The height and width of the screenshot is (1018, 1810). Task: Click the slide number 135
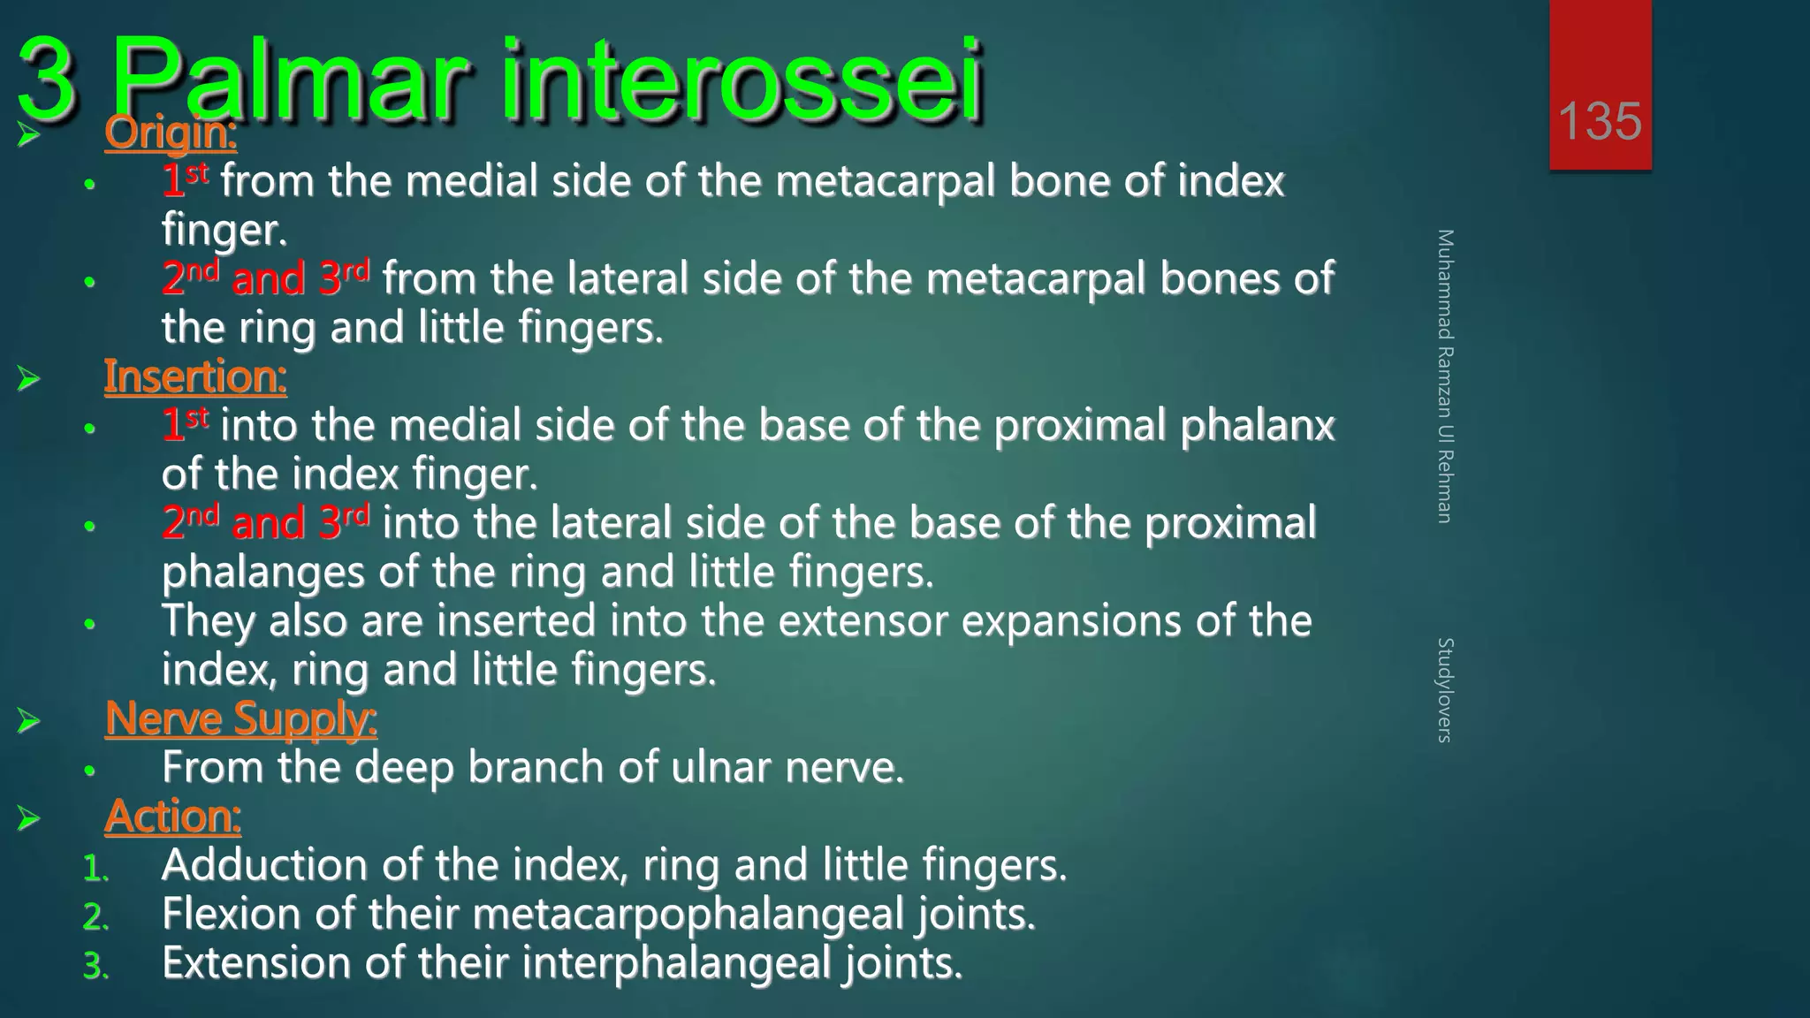(1600, 121)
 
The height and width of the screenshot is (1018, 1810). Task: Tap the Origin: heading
(171, 133)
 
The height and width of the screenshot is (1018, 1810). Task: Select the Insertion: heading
(195, 377)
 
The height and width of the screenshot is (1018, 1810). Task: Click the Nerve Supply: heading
(240, 718)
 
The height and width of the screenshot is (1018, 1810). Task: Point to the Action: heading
(172, 817)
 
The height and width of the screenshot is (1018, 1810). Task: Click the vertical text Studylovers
(1444, 690)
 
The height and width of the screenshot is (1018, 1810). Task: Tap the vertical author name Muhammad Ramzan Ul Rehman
(1444, 376)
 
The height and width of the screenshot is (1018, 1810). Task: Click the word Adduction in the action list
(263, 865)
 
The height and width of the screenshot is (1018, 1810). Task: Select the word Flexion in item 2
(232, 914)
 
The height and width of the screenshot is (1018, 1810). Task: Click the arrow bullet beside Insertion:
(29, 380)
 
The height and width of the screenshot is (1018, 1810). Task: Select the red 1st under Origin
(185, 181)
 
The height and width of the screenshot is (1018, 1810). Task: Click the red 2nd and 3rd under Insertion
(265, 523)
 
